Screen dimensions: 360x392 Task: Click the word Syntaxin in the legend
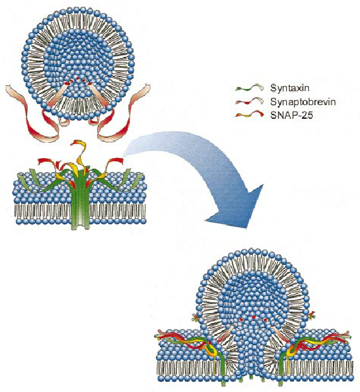click(x=290, y=89)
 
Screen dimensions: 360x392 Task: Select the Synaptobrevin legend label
click(x=303, y=102)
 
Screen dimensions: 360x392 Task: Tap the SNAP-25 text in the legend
click(x=291, y=115)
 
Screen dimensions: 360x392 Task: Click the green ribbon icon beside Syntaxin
click(x=249, y=88)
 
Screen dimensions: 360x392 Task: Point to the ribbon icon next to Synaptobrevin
click(x=249, y=101)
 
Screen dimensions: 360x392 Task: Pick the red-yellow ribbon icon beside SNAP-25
click(x=249, y=114)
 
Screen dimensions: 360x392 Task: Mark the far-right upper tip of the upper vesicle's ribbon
click(x=148, y=87)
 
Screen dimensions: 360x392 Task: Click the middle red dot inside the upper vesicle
click(x=78, y=79)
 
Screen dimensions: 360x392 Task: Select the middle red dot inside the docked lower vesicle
click(x=253, y=317)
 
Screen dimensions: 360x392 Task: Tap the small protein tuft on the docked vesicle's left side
click(x=196, y=317)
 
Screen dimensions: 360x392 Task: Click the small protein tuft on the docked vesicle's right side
click(x=311, y=315)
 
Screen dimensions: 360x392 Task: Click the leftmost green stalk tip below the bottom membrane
click(x=223, y=384)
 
